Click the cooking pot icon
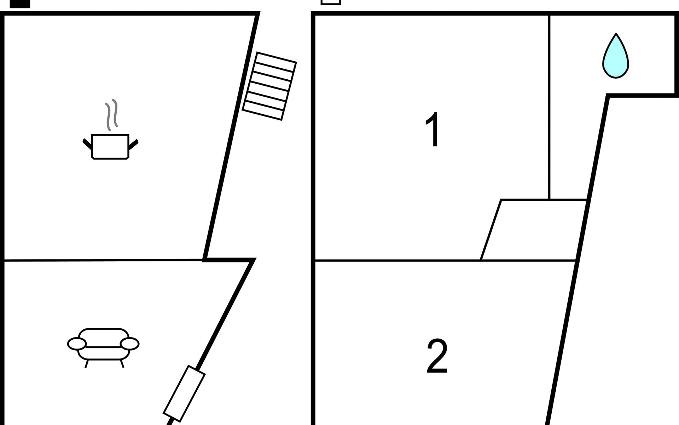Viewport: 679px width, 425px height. pyautogui.click(x=110, y=147)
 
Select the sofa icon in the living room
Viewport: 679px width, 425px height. pyautogui.click(x=103, y=347)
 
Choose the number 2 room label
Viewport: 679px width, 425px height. pyautogui.click(x=437, y=356)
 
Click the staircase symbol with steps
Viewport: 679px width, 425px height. pyautogui.click(x=269, y=86)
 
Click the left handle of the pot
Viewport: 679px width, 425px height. pyautogui.click(x=87, y=143)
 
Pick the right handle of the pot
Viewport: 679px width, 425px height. pyautogui.click(x=133, y=144)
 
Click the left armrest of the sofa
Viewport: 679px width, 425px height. pyautogui.click(x=77, y=344)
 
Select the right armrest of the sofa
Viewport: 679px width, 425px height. pyautogui.click(x=130, y=344)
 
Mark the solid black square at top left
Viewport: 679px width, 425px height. pyautogui.click(x=20, y=4)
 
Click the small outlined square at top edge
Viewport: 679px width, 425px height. pyautogui.click(x=331, y=2)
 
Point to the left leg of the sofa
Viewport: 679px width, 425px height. pyautogui.click(x=86, y=364)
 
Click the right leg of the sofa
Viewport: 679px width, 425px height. pyautogui.click(x=122, y=364)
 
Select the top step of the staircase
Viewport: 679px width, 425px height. pyautogui.click(x=275, y=62)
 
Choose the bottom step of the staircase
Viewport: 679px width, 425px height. pyautogui.click(x=263, y=110)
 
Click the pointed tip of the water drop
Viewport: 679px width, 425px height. pyautogui.click(x=616, y=34)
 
